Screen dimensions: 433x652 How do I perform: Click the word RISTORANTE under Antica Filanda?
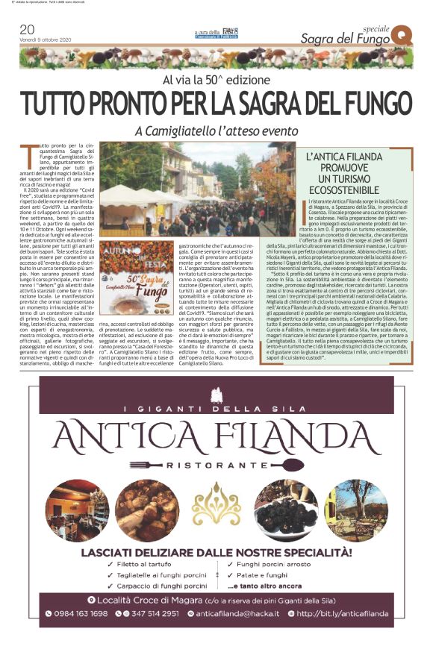point(216,463)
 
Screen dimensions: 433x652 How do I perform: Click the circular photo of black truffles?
point(285,510)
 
